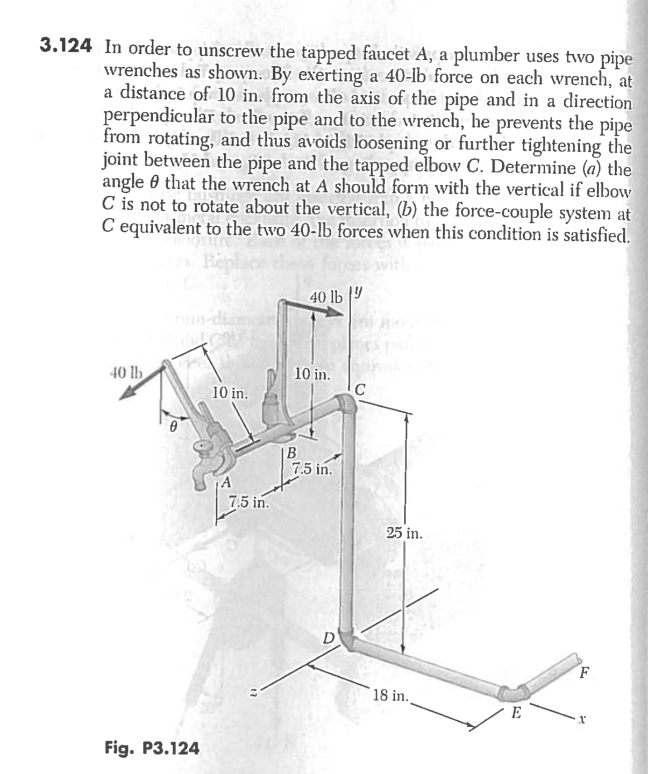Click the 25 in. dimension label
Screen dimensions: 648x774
[x=404, y=534]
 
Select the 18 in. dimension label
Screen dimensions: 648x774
[x=391, y=695]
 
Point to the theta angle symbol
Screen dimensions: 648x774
[x=173, y=426]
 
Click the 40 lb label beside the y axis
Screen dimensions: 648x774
[x=326, y=297]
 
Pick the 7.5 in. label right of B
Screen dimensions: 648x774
[x=311, y=469]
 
